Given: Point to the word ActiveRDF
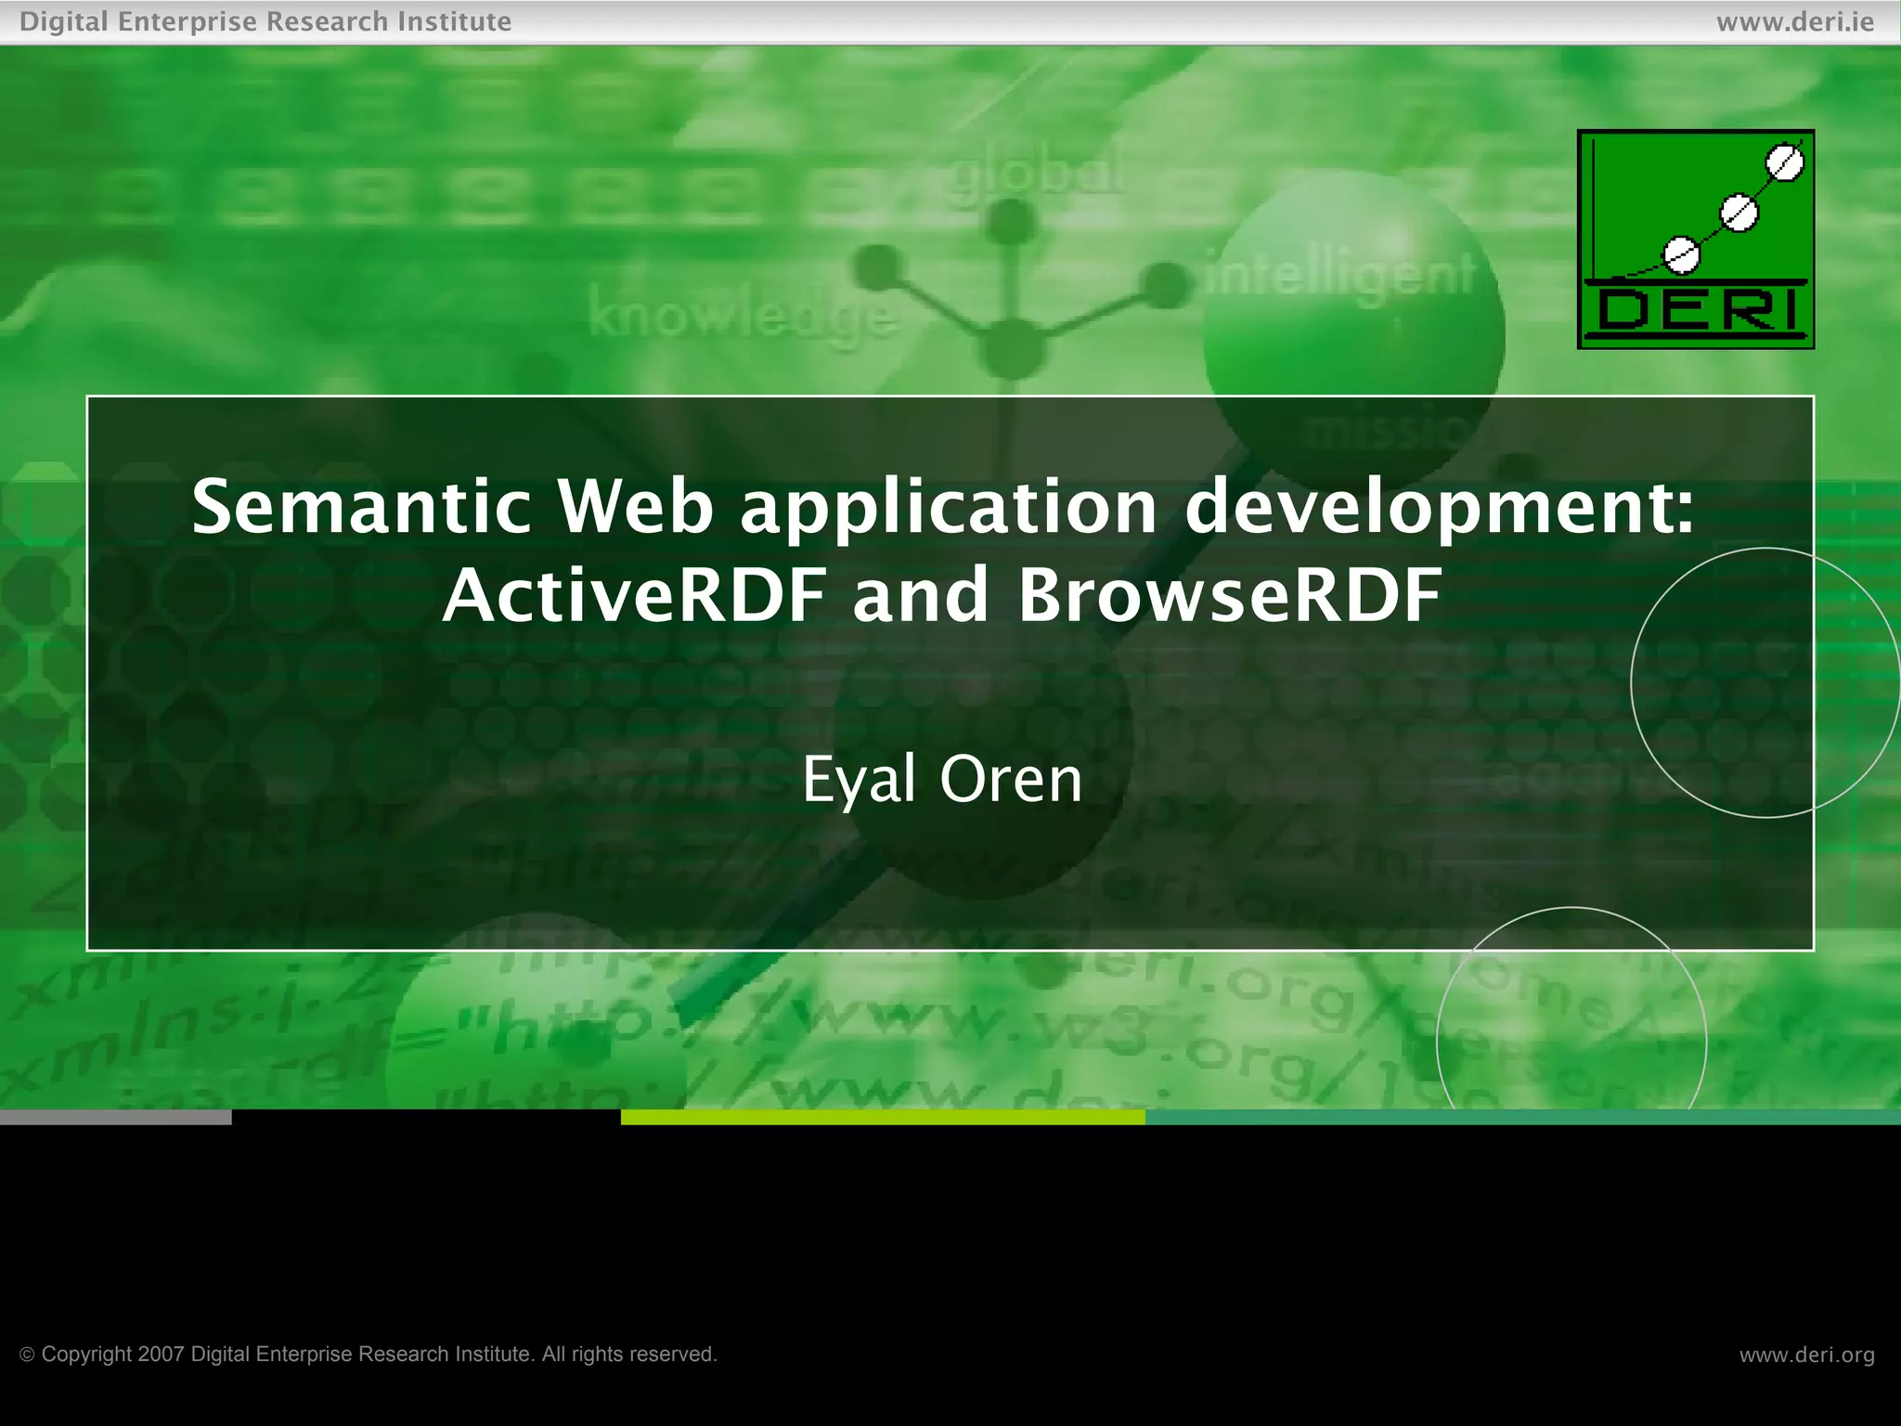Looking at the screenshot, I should pos(634,595).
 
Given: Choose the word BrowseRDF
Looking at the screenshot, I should pos(1230,595).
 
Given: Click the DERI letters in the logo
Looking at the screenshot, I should pos(1696,310).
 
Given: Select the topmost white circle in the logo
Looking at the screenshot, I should pos(1784,163).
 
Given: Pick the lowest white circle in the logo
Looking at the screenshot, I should pos(1681,253).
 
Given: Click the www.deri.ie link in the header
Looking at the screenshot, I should pos(1794,21).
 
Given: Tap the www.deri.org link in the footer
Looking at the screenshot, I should pos(1806,1355).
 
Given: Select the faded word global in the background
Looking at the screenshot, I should pos(1032,174).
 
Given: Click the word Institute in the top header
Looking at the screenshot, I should pos(454,21).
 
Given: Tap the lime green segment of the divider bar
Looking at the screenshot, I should pos(882,1117).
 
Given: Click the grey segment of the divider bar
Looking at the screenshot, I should pos(115,1117).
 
